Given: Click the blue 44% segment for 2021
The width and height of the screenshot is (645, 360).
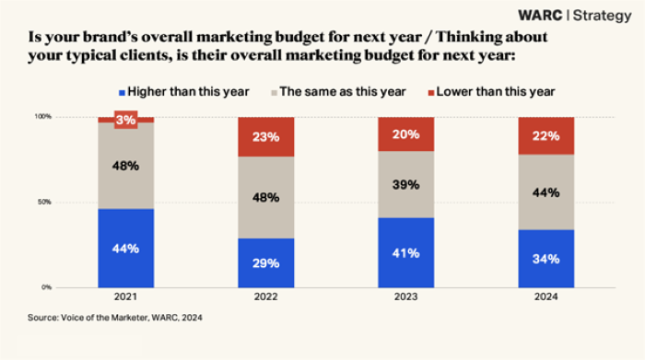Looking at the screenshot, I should tap(125, 248).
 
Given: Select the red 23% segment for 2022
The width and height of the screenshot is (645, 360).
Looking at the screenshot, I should tap(265, 136).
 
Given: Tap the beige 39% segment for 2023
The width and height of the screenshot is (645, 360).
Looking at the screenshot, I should tap(405, 184).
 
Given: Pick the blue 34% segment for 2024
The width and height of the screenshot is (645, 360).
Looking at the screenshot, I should tap(546, 258).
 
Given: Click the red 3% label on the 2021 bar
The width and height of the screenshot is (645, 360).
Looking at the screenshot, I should tap(125, 120).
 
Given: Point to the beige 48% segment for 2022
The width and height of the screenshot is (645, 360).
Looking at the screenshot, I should tap(265, 197).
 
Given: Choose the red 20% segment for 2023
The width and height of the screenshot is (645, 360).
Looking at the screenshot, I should tap(405, 134).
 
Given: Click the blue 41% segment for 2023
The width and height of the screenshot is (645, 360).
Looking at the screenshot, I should tap(405, 252).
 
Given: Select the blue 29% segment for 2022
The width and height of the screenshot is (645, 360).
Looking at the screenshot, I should tap(265, 262).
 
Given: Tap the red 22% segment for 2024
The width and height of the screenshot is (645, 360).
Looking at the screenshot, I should tap(546, 135).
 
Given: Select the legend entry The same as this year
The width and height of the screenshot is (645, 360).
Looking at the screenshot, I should tap(338, 91).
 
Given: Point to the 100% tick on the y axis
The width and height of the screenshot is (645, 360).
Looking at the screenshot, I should tap(42, 117).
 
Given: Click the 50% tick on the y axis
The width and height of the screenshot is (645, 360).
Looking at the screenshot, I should tap(44, 202).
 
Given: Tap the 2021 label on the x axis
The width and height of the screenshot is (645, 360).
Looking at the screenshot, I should tap(125, 296).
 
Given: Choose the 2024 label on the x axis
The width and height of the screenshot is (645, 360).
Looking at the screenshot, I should tap(546, 296).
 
